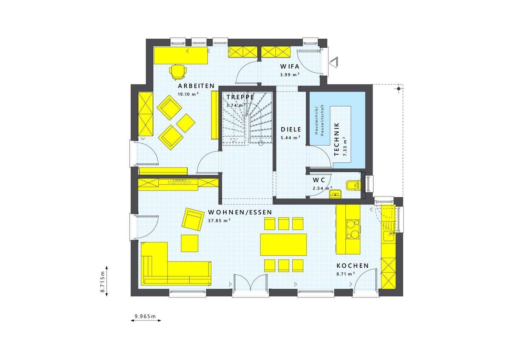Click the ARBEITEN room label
tap(196, 86)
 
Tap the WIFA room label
tap(290, 66)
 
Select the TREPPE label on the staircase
tap(240, 97)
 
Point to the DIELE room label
tap(291, 129)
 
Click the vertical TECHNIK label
tap(337, 139)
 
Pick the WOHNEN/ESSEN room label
tap(240, 212)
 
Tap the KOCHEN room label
tap(352, 266)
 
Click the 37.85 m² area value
tap(219, 220)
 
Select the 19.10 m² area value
tap(188, 94)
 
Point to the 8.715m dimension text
tap(103, 282)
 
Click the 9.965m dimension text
tap(146, 316)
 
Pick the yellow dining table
tap(283, 244)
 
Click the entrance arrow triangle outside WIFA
tap(334, 63)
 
